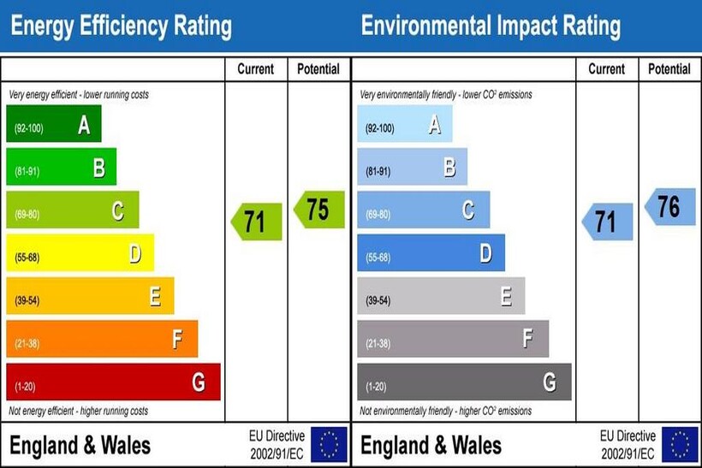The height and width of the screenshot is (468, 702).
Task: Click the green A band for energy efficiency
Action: click(x=53, y=125)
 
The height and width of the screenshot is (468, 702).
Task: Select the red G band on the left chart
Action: click(x=113, y=382)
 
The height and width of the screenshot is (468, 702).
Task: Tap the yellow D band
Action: click(x=80, y=253)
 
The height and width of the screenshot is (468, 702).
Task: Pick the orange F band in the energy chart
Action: click(x=101, y=340)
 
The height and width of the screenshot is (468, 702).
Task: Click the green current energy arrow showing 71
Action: click(x=256, y=222)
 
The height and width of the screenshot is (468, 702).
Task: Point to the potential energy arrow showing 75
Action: click(x=318, y=210)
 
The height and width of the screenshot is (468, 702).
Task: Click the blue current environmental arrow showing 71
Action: click(x=607, y=222)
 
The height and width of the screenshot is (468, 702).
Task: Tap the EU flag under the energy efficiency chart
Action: click(x=329, y=444)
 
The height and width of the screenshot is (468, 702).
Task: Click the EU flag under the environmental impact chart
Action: click(x=680, y=444)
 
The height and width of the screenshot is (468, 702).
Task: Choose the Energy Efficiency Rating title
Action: click(x=121, y=27)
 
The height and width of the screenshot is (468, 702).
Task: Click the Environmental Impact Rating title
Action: click(x=491, y=27)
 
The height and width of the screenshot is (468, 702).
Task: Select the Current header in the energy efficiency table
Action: click(x=256, y=69)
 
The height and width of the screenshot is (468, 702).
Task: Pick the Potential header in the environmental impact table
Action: click(x=669, y=69)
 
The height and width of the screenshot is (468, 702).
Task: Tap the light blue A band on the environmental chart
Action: click(x=404, y=125)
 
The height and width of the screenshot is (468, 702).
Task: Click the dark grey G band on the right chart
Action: click(x=464, y=382)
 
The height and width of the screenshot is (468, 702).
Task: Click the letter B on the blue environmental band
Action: click(x=449, y=168)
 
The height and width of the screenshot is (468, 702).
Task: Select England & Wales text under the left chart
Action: click(x=80, y=445)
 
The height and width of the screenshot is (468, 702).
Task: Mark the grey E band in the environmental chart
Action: click(x=441, y=297)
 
